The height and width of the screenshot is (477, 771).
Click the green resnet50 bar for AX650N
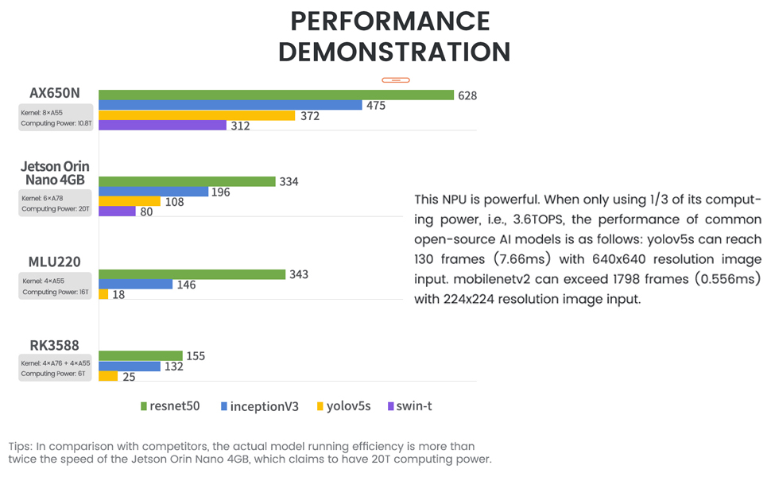(x=276, y=95)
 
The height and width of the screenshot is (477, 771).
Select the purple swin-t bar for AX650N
(x=163, y=126)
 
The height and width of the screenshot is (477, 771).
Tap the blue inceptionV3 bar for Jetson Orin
(x=153, y=192)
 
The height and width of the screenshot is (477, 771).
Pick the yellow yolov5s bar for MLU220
(x=103, y=294)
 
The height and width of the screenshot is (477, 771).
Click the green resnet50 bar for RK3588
(x=141, y=356)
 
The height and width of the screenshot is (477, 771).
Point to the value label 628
(x=467, y=95)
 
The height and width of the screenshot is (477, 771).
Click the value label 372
(x=311, y=116)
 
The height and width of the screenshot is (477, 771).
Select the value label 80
(x=146, y=212)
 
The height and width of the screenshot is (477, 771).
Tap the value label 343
(x=299, y=274)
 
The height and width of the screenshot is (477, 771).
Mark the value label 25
(x=129, y=377)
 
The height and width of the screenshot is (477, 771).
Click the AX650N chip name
(x=55, y=93)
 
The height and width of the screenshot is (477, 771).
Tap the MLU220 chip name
(x=55, y=262)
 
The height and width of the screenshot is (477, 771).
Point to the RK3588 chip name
(x=55, y=346)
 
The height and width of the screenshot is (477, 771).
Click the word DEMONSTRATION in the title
(x=394, y=52)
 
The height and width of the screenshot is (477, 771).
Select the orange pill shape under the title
(x=395, y=80)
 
